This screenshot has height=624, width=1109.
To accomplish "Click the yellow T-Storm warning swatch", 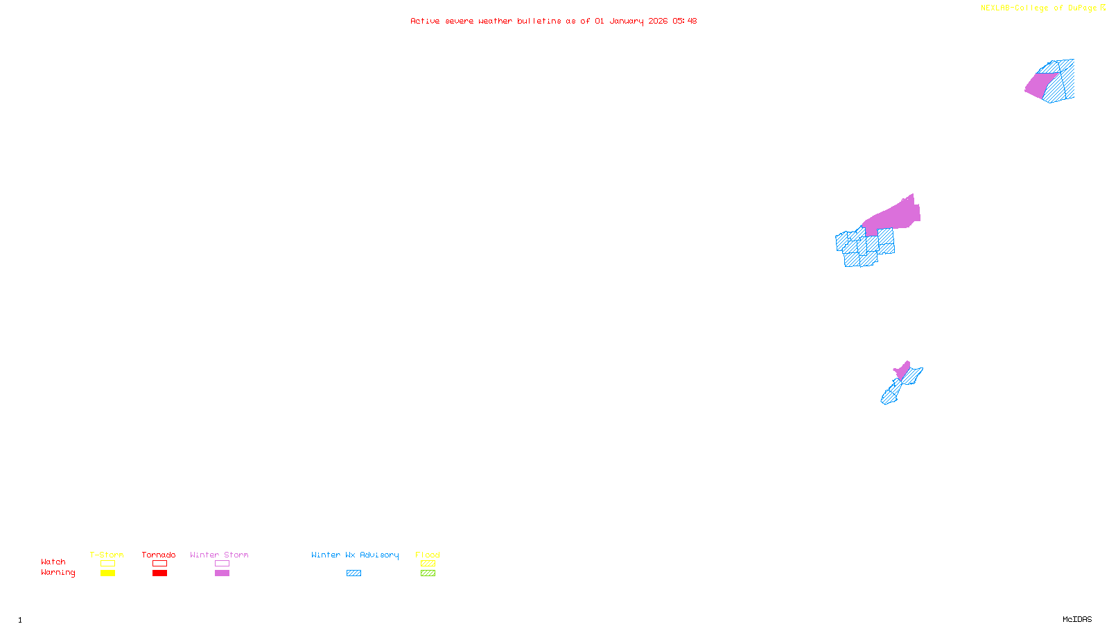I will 107,573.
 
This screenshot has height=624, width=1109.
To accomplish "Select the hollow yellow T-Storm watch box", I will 107,564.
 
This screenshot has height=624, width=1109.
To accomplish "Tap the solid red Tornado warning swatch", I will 159,573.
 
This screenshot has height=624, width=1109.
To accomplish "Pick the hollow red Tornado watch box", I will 159,564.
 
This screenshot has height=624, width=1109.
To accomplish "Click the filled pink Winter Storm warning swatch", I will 222,573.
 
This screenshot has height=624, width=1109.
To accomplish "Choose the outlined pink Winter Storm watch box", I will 222,564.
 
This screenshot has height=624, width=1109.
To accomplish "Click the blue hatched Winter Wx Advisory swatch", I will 353,573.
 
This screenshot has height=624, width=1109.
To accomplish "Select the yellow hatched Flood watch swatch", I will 428,564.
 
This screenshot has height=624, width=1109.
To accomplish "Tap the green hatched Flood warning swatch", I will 428,573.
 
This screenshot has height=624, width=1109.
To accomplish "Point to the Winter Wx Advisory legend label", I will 355,555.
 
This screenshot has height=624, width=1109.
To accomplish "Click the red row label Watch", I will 53,562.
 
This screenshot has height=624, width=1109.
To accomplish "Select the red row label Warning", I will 58,573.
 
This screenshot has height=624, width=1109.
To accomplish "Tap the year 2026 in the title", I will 658,21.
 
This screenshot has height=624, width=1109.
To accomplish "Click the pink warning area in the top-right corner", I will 1040,85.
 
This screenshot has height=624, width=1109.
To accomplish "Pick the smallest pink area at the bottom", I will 902,370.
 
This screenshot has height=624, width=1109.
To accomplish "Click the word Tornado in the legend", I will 159,555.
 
